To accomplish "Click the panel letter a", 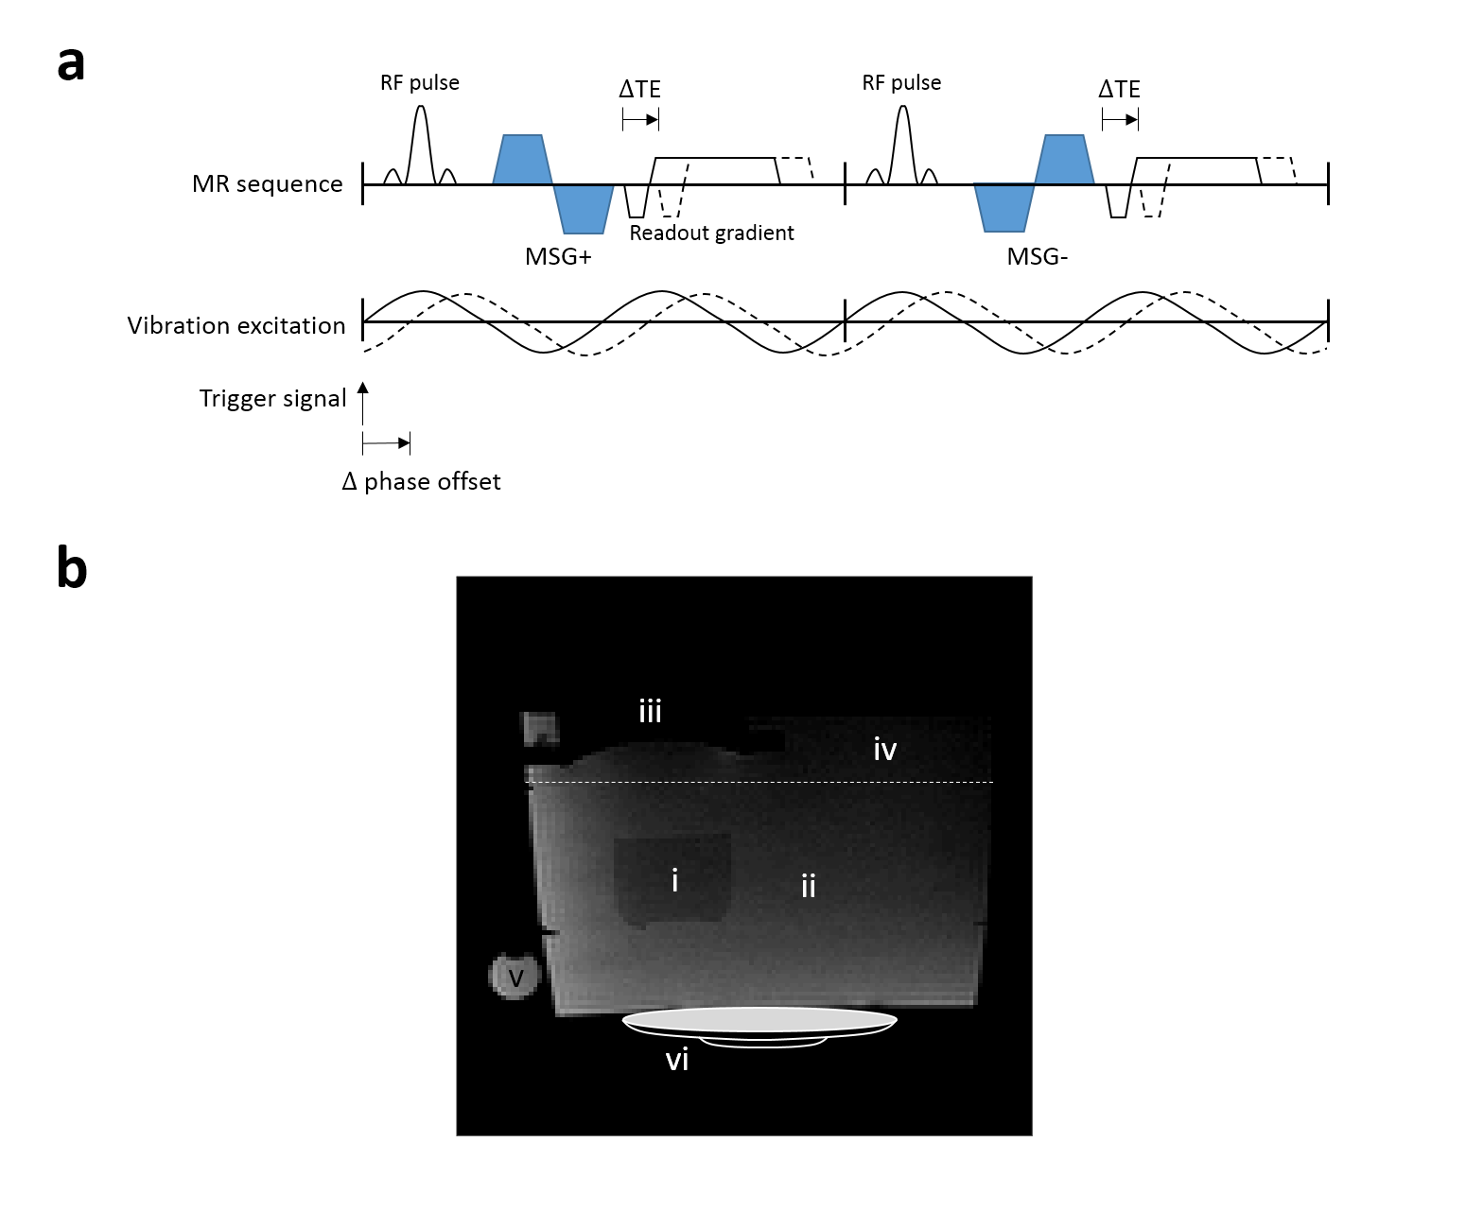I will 71,64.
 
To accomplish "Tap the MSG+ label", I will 558,256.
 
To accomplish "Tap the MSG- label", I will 1038,256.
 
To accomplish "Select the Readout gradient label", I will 711,234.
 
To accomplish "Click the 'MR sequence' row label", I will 267,184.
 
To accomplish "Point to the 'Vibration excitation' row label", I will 236,326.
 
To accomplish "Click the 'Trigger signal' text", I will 272,399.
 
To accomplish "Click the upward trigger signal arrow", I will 363,403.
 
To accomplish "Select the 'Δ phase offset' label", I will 421,482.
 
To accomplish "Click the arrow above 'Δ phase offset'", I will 387,442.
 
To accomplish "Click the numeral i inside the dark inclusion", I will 674,881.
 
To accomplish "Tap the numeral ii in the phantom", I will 808,886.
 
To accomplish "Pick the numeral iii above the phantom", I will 650,711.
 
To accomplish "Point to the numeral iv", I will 884,750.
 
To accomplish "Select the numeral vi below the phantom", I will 677,1061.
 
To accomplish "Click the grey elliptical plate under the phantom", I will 759,1020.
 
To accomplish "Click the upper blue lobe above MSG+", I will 521,159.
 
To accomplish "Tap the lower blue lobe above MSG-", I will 1004,208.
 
